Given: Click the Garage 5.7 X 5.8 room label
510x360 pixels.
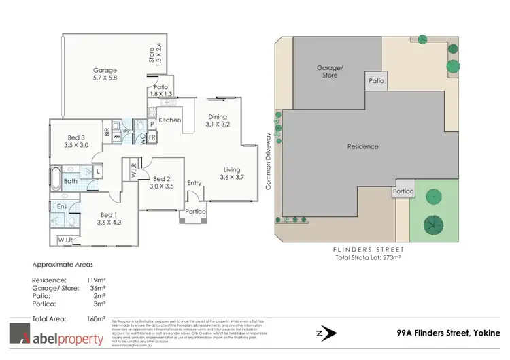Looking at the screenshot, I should [105, 74].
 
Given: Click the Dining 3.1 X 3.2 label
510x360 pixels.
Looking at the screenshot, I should [217, 120].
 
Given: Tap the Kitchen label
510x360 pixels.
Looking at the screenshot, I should [169, 120].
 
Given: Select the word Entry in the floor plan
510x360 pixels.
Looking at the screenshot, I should [194, 182].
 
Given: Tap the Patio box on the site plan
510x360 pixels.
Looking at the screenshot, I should [376, 80].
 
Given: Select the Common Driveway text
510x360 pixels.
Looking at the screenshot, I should [268, 166].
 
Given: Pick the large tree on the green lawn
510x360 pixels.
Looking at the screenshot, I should [431, 223].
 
